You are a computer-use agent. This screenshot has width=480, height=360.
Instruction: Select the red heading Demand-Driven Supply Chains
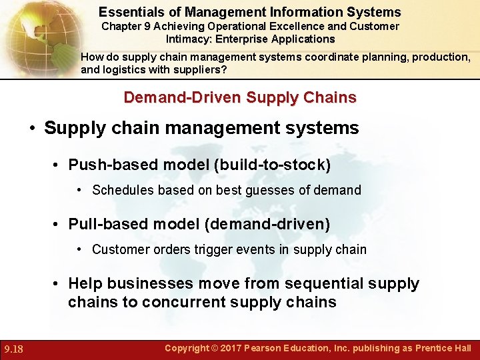(x=240, y=97)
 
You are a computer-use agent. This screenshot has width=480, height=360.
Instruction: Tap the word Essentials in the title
(x=128, y=12)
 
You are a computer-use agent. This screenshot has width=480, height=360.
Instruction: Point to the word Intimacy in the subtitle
(x=188, y=39)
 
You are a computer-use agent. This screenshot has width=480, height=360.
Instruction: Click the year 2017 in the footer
(x=231, y=348)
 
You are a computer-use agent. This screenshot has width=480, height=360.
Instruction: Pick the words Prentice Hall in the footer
(x=443, y=348)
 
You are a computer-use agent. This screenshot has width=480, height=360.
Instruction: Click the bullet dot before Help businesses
(x=58, y=284)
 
